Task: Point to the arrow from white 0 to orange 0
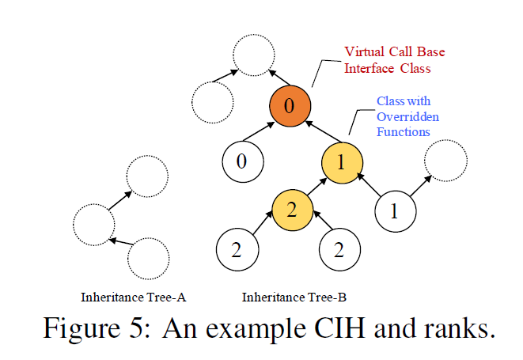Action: (262, 131)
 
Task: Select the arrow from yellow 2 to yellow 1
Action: (316, 188)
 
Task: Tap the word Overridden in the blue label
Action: (407, 117)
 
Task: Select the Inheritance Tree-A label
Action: (133, 297)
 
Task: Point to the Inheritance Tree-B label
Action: (294, 297)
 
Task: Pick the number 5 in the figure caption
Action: (135, 329)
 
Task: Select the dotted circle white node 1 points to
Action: (445, 163)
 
